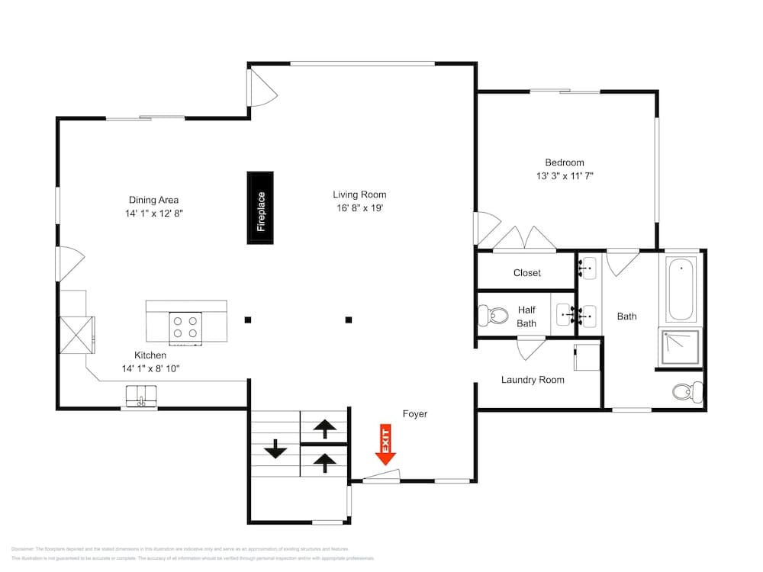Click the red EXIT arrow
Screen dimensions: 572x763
[386, 446]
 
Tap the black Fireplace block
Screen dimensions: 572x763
[260, 208]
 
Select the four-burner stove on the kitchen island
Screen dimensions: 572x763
[185, 326]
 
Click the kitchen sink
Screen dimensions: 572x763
[140, 396]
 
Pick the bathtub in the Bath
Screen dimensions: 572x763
[682, 290]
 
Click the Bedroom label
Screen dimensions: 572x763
[565, 162]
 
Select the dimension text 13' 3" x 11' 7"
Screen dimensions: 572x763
[565, 176]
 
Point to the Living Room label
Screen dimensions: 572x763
[359, 194]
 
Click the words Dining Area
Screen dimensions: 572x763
[153, 200]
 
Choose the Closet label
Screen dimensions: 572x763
[527, 272]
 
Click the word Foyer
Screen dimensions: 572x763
[415, 414]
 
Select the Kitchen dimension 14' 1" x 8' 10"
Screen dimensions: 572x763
[150, 368]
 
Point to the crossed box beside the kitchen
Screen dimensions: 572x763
[76, 334]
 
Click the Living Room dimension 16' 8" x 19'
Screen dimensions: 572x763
[359, 208]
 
